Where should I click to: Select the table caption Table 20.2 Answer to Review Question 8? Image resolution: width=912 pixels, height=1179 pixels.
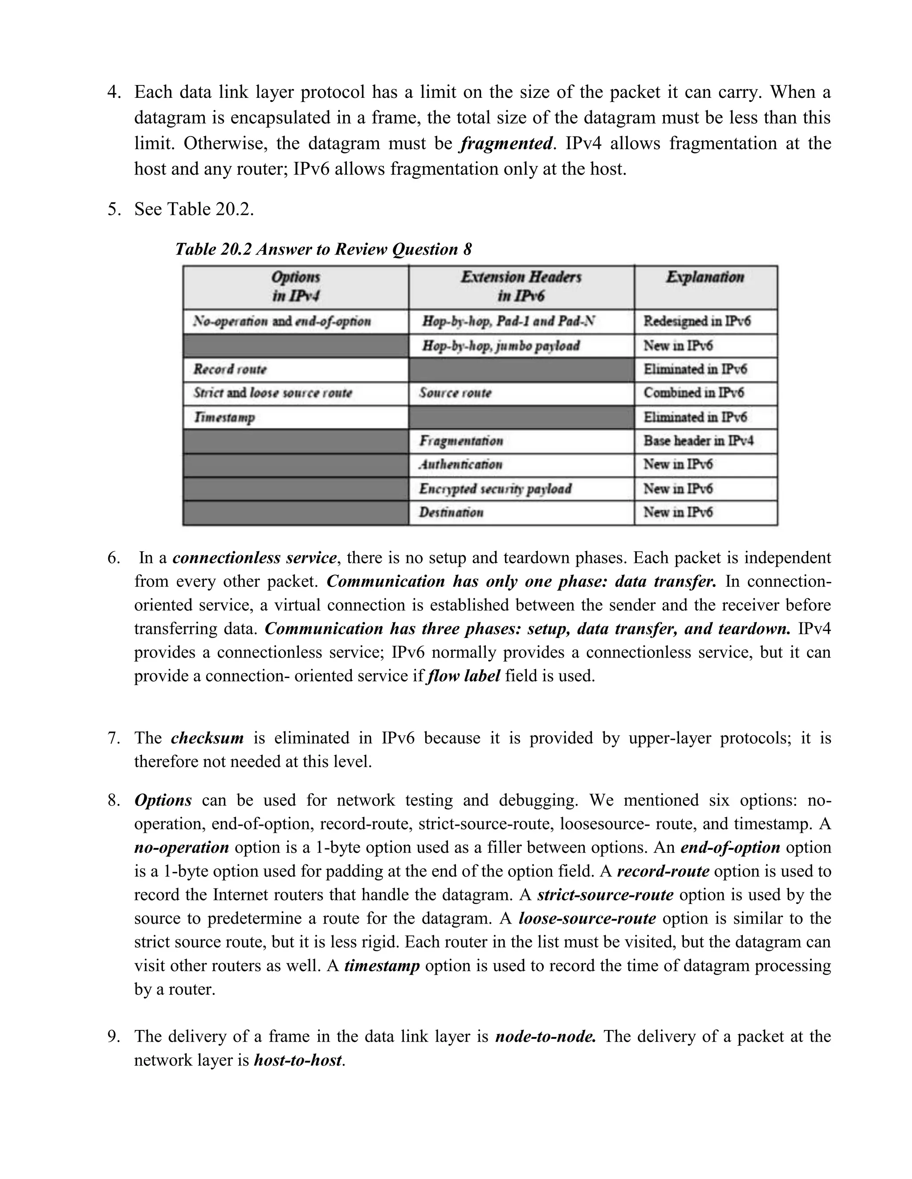[x=323, y=250]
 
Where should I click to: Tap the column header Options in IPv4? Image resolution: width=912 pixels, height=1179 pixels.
[x=296, y=287]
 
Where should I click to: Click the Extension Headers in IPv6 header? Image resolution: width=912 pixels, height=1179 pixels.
[x=521, y=287]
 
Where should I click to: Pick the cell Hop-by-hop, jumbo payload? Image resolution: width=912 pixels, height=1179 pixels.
[x=501, y=346]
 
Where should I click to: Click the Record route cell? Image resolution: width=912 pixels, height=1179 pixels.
[x=230, y=370]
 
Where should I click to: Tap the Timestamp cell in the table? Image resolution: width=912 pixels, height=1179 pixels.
[x=224, y=417]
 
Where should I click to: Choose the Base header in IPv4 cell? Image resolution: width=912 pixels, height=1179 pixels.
[x=698, y=441]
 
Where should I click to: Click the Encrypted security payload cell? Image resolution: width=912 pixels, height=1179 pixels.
[x=495, y=489]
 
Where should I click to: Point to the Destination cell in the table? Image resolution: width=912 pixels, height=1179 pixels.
[x=451, y=512]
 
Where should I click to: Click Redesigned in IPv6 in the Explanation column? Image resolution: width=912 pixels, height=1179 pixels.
[x=696, y=322]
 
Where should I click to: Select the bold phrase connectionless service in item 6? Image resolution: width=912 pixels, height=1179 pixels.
[x=254, y=557]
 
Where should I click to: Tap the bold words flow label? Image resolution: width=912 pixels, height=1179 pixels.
[x=463, y=676]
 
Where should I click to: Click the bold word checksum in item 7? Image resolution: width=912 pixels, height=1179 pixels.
[x=207, y=738]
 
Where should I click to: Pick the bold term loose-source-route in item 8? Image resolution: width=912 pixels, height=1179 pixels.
[x=587, y=919]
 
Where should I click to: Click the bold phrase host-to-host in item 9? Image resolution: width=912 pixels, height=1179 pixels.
[x=298, y=1061]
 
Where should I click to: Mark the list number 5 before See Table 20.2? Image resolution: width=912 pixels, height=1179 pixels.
[x=113, y=210]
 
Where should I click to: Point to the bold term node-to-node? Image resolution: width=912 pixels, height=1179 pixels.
[x=546, y=1037]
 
